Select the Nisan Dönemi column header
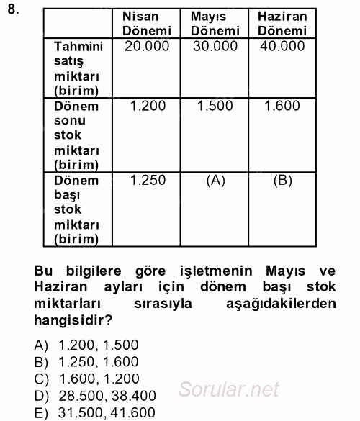pos(147,23)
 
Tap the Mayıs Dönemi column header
pos(215,23)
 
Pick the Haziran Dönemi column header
pos(282,23)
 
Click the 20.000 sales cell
pos(147,46)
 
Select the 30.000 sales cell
pos(215,46)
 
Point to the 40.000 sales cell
pos(282,46)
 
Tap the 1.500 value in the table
pos(215,106)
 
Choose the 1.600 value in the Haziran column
pos(282,106)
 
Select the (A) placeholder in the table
pos(215,181)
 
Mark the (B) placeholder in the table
pos(282,181)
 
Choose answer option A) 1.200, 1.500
pos(90,345)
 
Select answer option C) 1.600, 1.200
pos(91,379)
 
